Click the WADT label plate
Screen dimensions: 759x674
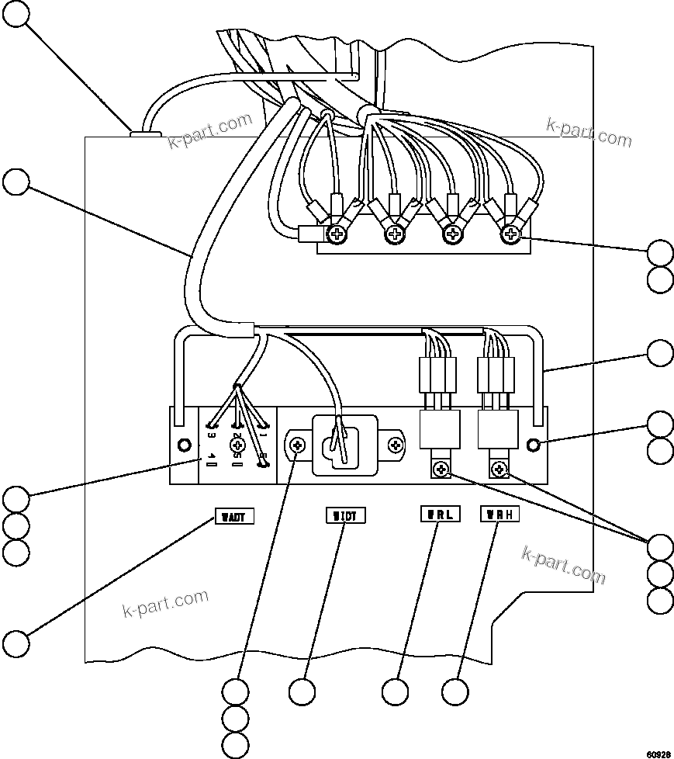[x=233, y=516]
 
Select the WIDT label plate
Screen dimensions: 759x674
[x=344, y=515]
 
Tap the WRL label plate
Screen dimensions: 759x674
[x=439, y=514]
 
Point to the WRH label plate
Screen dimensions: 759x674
[x=499, y=514]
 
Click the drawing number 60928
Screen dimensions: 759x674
[x=658, y=754]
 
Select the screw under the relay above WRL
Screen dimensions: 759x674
[x=441, y=469]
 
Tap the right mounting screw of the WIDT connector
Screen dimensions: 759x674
[x=396, y=445]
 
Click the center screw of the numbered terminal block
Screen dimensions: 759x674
[x=238, y=445]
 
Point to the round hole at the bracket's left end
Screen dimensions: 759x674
[x=184, y=445]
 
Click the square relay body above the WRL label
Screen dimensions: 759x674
[x=441, y=430]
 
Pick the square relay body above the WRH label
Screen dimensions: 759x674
[x=498, y=430]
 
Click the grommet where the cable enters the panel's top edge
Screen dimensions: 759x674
[x=144, y=134]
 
